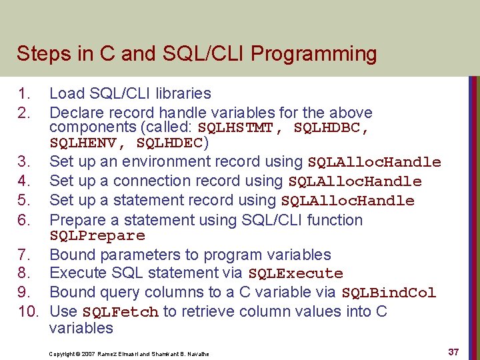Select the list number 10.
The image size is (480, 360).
[27, 311]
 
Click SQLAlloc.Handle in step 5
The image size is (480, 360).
[348, 201]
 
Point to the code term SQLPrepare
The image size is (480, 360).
[97, 236]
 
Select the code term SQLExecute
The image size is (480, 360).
[295, 273]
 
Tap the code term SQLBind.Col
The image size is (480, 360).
[389, 293]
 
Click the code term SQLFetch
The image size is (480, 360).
[121, 312]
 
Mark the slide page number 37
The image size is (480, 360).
[453, 352]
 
